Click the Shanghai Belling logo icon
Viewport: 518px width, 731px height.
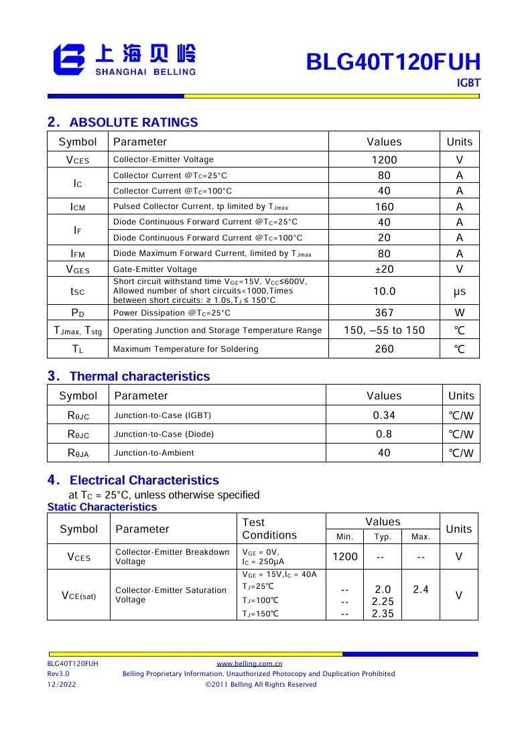point(69,59)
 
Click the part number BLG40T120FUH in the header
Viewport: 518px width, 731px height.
point(393,62)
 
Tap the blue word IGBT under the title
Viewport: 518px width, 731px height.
point(468,83)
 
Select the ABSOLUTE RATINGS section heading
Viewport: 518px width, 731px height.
point(133,122)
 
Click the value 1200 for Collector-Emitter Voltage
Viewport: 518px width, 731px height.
point(384,160)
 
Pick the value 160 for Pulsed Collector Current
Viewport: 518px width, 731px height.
point(384,207)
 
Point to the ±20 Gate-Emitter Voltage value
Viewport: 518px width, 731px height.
point(384,269)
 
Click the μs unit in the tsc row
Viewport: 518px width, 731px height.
point(459,291)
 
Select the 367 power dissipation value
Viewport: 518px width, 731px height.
point(384,313)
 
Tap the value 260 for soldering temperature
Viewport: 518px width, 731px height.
point(384,349)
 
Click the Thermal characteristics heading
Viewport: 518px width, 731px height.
point(139,376)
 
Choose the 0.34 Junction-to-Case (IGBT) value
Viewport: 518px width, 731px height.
point(384,415)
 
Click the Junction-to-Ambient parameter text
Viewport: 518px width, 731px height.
point(154,453)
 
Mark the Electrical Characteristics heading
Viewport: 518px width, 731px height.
point(144,480)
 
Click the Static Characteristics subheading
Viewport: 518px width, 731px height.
point(102,507)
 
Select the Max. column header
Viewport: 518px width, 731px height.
point(420,537)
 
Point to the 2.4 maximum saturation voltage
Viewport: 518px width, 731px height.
point(420,590)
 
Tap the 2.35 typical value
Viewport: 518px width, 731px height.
point(383,614)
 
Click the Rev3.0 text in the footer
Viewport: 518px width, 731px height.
point(58,673)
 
